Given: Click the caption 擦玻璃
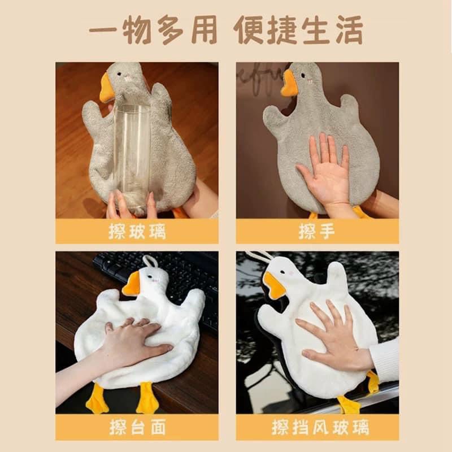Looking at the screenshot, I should pyautogui.click(x=137, y=231).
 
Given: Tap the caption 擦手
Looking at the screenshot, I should pyautogui.click(x=317, y=231).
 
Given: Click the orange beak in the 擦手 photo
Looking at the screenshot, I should pyautogui.click(x=289, y=84).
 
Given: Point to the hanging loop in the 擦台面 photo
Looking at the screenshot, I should pyautogui.click(x=149, y=261).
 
